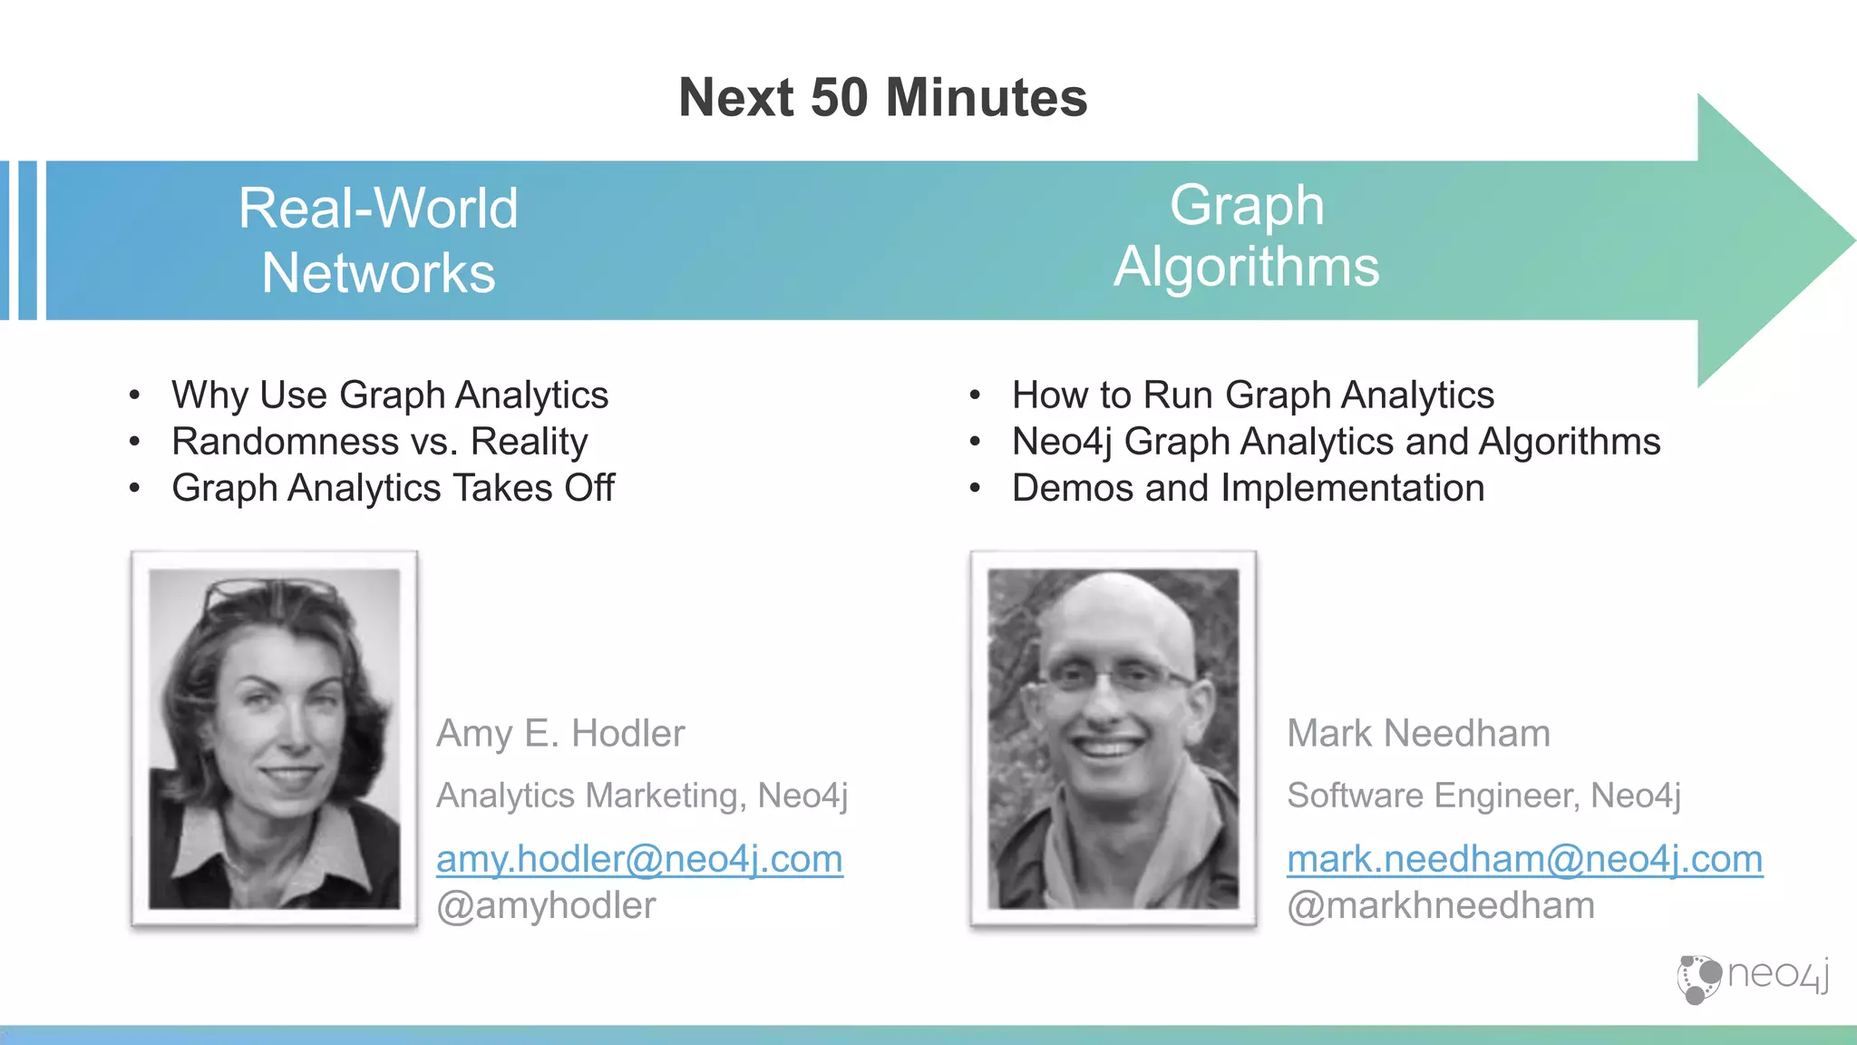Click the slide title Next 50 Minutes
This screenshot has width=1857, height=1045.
[x=882, y=98]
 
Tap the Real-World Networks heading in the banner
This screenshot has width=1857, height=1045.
[x=378, y=240]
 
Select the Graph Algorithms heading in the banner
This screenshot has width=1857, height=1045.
[x=1246, y=236]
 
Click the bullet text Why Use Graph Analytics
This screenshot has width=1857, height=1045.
[x=390, y=396]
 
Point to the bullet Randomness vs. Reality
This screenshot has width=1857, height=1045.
[x=379, y=442]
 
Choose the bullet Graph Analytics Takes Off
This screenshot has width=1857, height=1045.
[x=393, y=488]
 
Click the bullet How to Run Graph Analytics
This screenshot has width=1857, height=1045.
[x=1252, y=396]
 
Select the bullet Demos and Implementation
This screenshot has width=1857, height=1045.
[x=1248, y=488]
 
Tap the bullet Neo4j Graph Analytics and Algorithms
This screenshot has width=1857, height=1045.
[x=1336, y=442]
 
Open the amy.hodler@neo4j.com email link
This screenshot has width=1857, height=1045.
[x=639, y=858]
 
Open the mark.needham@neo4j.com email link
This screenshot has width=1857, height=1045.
[x=1524, y=858]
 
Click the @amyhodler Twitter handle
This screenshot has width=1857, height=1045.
[x=546, y=905]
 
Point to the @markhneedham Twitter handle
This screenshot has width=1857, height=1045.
[x=1440, y=905]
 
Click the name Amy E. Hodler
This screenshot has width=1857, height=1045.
[x=560, y=733]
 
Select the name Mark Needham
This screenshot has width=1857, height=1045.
[x=1418, y=733]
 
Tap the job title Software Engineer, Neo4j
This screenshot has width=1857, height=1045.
[x=1483, y=796]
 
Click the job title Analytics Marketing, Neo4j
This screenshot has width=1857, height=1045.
[x=642, y=796]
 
